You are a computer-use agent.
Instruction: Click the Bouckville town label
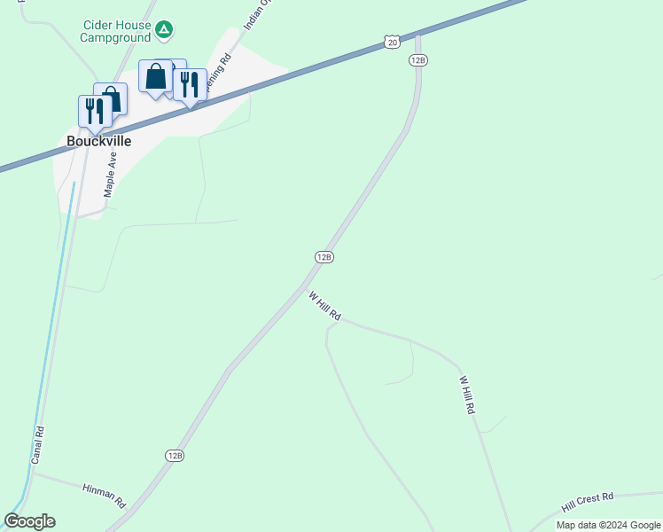point(99,141)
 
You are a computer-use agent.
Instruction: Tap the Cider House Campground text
point(115,31)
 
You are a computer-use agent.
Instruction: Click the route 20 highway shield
point(393,41)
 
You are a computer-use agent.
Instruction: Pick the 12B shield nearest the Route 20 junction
point(418,59)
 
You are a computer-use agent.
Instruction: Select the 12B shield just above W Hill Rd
point(324,256)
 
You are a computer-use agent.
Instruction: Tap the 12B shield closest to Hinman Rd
point(175,455)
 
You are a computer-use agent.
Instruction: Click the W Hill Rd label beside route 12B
point(324,305)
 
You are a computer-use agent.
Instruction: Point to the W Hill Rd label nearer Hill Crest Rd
point(467,395)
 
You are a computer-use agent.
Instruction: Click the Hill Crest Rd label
point(587,503)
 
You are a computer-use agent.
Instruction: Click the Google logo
point(29,521)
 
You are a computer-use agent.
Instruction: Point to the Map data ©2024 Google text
point(609,525)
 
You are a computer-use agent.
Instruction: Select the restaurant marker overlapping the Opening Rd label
point(189,85)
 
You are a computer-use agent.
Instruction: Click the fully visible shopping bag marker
point(156,77)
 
